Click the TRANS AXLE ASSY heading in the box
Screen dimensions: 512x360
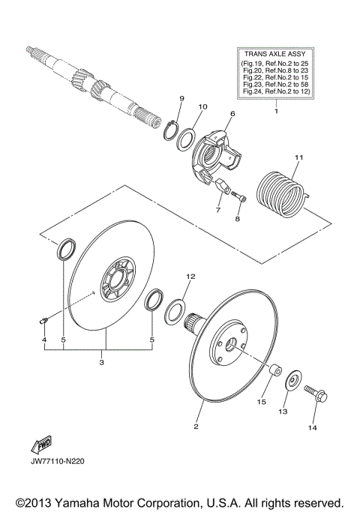275,55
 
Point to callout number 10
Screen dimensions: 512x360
202,107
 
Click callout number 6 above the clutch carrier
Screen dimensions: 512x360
232,113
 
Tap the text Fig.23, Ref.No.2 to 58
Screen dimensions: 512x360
275,85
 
